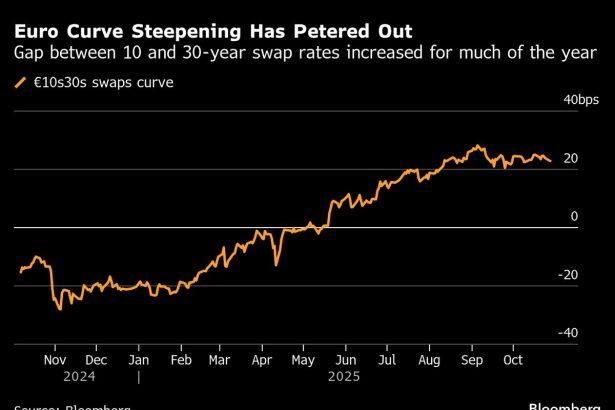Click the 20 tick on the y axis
pos(571,158)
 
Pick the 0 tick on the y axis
pos(574,216)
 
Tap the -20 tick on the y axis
pos(568,274)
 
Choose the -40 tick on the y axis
pos(568,332)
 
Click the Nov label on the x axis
pos(55,360)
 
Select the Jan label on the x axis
pos(139,360)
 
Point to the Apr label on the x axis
pos(261,360)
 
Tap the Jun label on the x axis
pos(345,360)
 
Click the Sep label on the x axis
pos(471,360)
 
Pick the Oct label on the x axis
pos(512,360)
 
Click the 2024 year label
pos(55,378)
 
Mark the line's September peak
pos(479,146)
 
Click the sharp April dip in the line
pos(276,263)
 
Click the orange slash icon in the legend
pos(21,82)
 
